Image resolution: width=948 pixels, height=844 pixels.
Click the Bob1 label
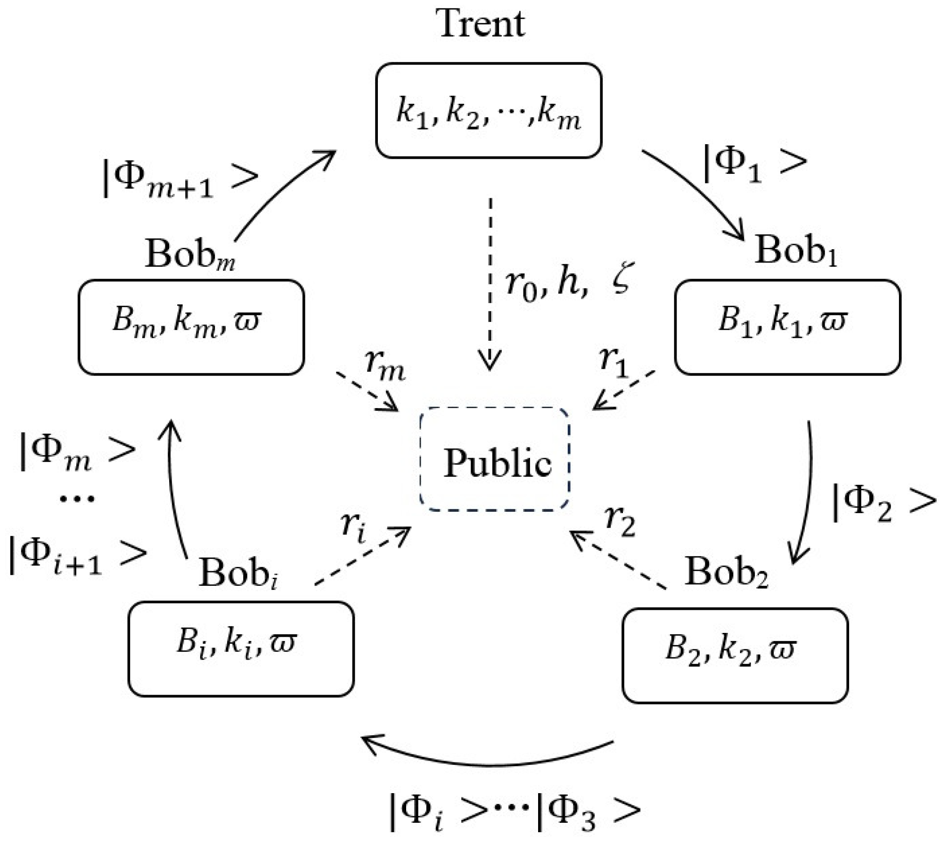point(796,251)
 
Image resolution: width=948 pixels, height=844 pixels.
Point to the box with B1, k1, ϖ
point(787,327)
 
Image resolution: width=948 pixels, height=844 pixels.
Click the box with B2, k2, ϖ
point(735,655)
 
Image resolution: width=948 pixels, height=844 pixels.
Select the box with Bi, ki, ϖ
point(241,648)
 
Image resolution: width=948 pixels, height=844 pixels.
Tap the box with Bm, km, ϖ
point(191,327)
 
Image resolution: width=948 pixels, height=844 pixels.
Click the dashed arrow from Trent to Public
point(490,283)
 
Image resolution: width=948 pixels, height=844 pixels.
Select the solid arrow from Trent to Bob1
point(697,193)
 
